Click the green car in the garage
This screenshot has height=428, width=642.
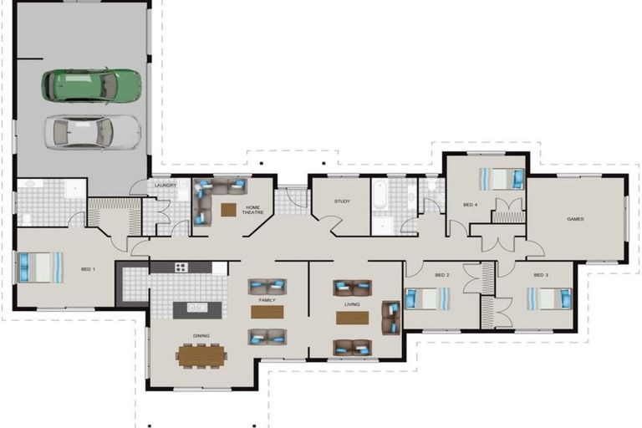point(91,85)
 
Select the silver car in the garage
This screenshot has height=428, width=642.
point(93,132)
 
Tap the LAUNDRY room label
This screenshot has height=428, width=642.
point(166,185)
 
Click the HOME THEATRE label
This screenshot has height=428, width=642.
point(253,210)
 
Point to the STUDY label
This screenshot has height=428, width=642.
point(342,201)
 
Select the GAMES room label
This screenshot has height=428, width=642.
point(575,219)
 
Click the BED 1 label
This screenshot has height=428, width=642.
point(88,269)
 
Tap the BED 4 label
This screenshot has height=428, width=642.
point(470,204)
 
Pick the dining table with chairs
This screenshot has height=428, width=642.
point(201,356)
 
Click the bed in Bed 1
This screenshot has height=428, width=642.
point(41,267)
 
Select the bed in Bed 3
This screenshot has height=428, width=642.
point(548,299)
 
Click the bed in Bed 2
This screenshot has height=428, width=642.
point(427,299)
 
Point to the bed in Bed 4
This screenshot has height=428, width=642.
point(502,179)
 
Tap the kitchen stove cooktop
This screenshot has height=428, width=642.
point(181,267)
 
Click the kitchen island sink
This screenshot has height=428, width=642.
point(197,307)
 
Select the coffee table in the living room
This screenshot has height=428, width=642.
point(352,318)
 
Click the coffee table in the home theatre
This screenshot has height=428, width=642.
point(228,210)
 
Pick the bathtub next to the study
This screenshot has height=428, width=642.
point(380,194)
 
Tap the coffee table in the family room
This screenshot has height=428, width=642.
point(267,312)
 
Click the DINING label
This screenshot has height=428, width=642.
point(201,336)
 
